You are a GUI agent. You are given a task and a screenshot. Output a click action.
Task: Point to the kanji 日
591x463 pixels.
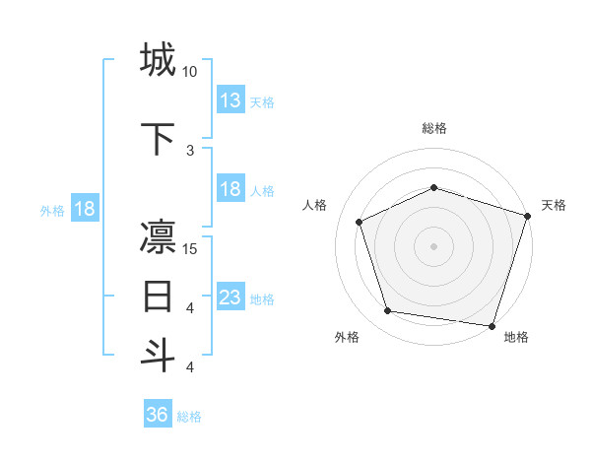[x=158, y=296]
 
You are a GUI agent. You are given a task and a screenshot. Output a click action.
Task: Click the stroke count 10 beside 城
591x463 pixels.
[x=190, y=72]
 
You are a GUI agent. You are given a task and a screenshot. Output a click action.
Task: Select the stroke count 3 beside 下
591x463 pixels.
[x=190, y=150]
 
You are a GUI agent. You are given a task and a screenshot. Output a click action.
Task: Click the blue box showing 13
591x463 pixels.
[x=230, y=99]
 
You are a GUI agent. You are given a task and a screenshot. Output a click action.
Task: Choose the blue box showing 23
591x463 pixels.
[x=230, y=297]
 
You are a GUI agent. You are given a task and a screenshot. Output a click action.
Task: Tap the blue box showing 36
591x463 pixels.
[x=158, y=415]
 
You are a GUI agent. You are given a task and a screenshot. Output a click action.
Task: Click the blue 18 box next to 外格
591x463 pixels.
[x=84, y=209]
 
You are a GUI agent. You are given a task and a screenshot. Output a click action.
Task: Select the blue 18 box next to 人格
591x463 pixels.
[x=230, y=189]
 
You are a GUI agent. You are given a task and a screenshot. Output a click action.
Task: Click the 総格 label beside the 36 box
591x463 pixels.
[x=189, y=417]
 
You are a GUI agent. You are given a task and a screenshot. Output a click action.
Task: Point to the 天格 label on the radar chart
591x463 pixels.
[x=554, y=205]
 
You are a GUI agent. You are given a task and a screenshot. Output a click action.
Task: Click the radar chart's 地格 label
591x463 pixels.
[x=516, y=337]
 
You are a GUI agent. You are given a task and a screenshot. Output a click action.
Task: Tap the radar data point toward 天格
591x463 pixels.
[x=526, y=216]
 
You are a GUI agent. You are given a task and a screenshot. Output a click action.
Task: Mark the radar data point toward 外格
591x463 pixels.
[x=388, y=311]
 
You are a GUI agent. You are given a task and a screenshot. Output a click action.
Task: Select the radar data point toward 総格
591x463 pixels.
[x=434, y=187]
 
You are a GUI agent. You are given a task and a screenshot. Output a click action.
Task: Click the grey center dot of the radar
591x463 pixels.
[x=434, y=246]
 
